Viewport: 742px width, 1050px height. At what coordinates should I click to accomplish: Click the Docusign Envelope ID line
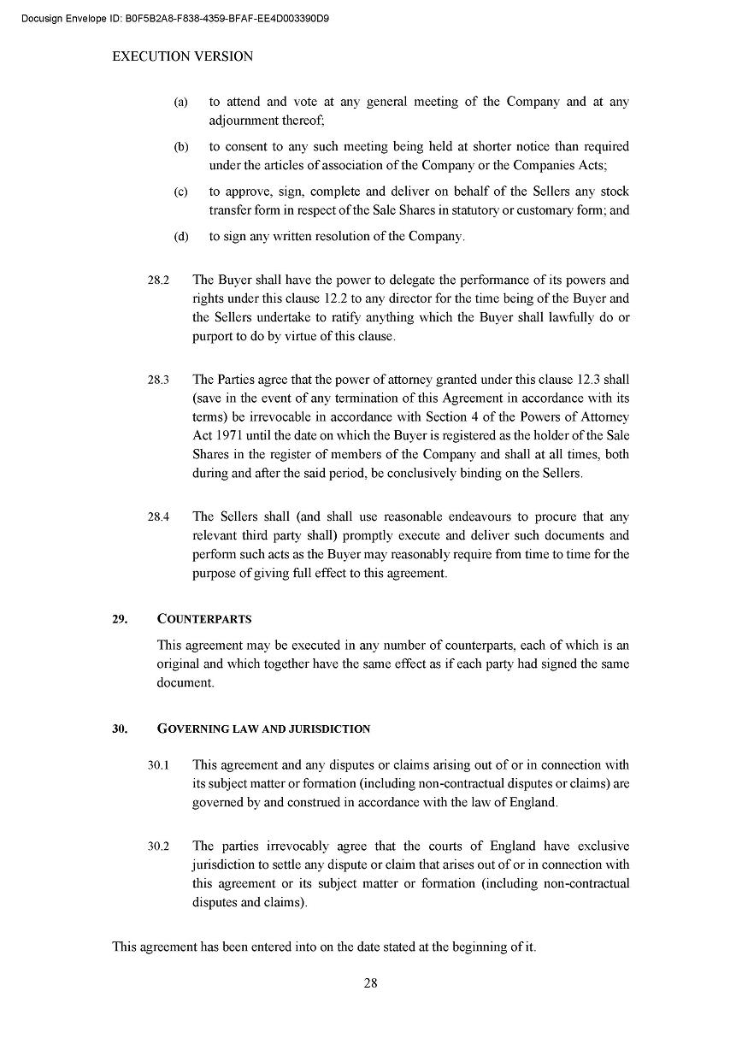pyautogui.click(x=175, y=18)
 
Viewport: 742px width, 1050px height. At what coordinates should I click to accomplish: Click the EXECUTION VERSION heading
pyautogui.click(x=183, y=57)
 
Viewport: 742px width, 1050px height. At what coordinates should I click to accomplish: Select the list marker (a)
pyautogui.click(x=180, y=103)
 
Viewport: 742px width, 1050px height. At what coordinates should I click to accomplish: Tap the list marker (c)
pyautogui.click(x=180, y=192)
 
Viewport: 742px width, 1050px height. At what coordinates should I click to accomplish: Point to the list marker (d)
pyautogui.click(x=180, y=237)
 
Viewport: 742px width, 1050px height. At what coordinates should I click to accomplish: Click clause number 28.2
pyautogui.click(x=158, y=280)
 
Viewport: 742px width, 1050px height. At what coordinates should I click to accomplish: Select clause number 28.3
pyautogui.click(x=158, y=380)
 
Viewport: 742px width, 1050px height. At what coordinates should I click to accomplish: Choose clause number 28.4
pyautogui.click(x=158, y=517)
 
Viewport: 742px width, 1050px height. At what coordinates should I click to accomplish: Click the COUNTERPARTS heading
pyautogui.click(x=204, y=619)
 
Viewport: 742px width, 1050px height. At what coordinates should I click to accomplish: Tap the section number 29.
pyautogui.click(x=120, y=619)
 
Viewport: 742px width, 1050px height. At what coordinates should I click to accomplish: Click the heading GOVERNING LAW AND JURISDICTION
pyautogui.click(x=263, y=729)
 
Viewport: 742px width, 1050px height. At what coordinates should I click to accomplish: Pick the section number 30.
pyautogui.click(x=120, y=729)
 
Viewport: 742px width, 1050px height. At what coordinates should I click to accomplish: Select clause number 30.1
pyautogui.click(x=158, y=765)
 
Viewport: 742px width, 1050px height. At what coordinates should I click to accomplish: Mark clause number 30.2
pyautogui.click(x=158, y=846)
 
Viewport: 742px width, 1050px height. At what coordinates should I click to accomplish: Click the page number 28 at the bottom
pyautogui.click(x=370, y=983)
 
